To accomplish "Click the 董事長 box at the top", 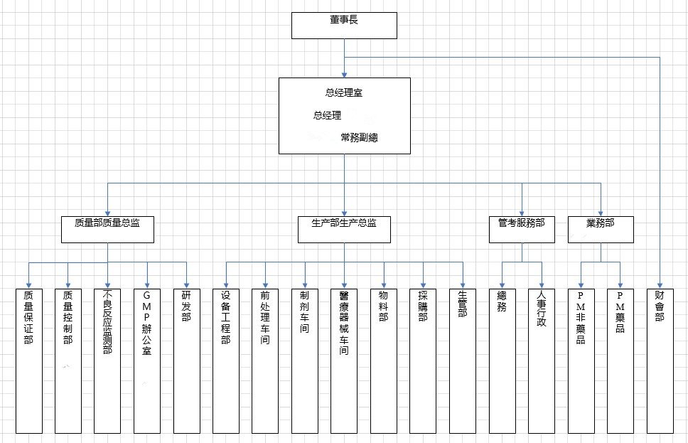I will pos(344,25).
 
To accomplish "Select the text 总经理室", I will pos(344,92).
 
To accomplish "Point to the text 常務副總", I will pos(359,137).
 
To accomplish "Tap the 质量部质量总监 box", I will pos(107,228).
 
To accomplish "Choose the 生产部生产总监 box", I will pos(344,228).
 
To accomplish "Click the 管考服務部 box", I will pos(522,228).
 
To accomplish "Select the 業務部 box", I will pos(601,228).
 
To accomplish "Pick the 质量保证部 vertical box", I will pos(28,361).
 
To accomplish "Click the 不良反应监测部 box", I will pos(107,361).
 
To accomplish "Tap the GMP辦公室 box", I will pos(147,361).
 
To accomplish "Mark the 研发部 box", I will pos(186,361).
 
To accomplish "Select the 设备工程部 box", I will pos(226,361).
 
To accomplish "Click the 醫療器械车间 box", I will pos(344,361).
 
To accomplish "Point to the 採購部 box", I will pos(424,361).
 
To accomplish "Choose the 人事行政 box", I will pos(542,361).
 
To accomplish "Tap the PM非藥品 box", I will pos(581,361).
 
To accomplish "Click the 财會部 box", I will pos(660,361).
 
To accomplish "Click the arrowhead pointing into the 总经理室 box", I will pos(344,74).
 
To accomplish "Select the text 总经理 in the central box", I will pos(327,115).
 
